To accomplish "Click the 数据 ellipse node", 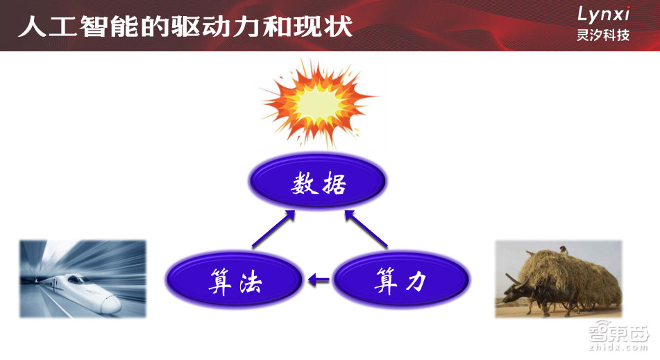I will (318, 184).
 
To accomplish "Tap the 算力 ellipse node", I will (401, 281).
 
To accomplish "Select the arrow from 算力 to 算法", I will (319, 280).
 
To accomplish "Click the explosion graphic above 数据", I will (319, 104).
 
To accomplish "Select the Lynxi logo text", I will (604, 15).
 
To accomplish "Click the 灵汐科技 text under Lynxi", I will (603, 35).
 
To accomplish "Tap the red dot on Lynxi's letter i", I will (627, 8).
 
